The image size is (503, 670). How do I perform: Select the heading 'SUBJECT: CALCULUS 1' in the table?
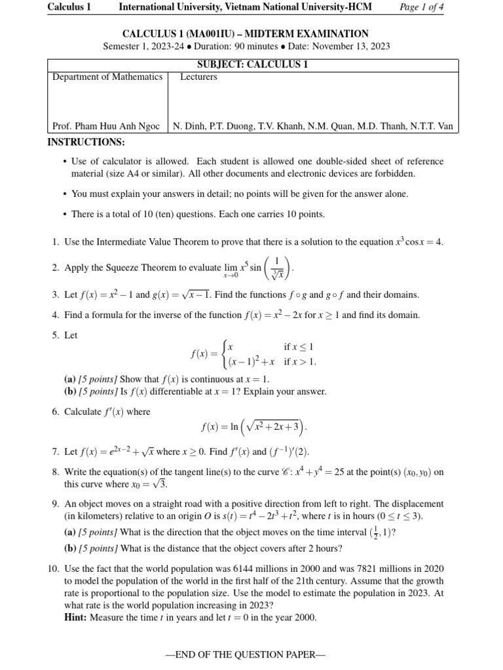pyautogui.click(x=252, y=64)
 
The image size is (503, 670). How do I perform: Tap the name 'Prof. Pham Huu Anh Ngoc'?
pyautogui.click(x=105, y=126)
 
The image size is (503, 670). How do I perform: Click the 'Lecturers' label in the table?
pyautogui.click(x=198, y=77)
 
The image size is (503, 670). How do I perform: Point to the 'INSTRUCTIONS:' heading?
pyautogui.click(x=86, y=143)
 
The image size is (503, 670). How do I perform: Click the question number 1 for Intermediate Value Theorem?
pyautogui.click(x=55, y=242)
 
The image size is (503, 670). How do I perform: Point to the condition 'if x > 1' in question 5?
pyautogui.click(x=299, y=361)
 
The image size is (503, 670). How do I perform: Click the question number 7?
pyautogui.click(x=55, y=451)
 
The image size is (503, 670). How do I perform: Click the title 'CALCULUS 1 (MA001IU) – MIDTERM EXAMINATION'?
pyautogui.click(x=246, y=33)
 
